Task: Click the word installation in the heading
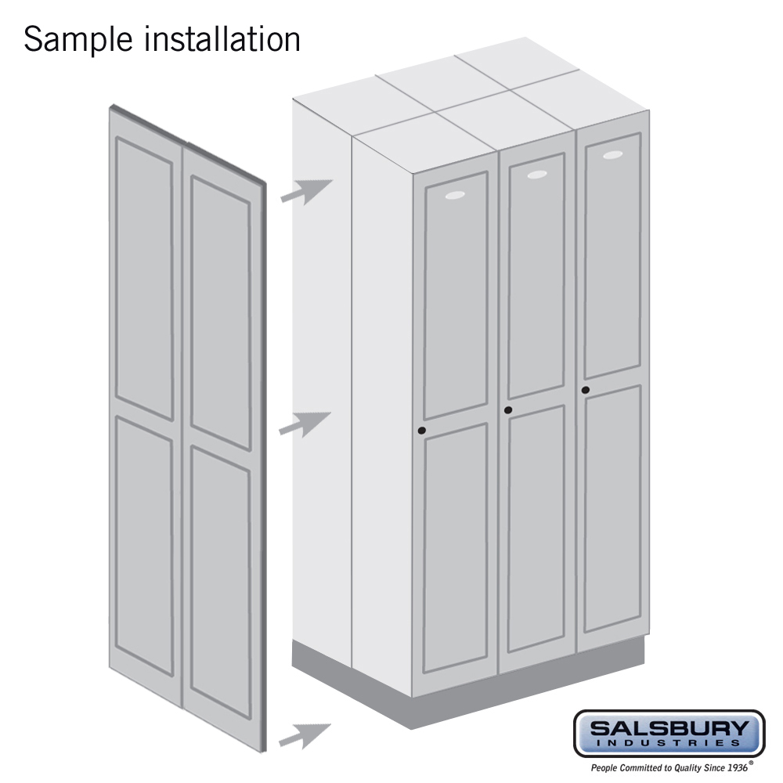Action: [222, 39]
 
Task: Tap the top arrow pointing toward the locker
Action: [306, 192]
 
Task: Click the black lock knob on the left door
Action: [422, 431]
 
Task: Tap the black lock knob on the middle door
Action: [508, 410]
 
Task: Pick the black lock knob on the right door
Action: [585, 390]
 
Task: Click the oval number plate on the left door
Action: [455, 195]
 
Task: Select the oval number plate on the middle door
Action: [537, 175]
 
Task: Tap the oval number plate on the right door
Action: [613, 155]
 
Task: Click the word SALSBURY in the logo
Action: [669, 728]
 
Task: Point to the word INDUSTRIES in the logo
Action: [669, 743]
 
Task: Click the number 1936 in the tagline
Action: [737, 767]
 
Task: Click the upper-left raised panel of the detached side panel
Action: [145, 278]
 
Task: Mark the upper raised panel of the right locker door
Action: [613, 256]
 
